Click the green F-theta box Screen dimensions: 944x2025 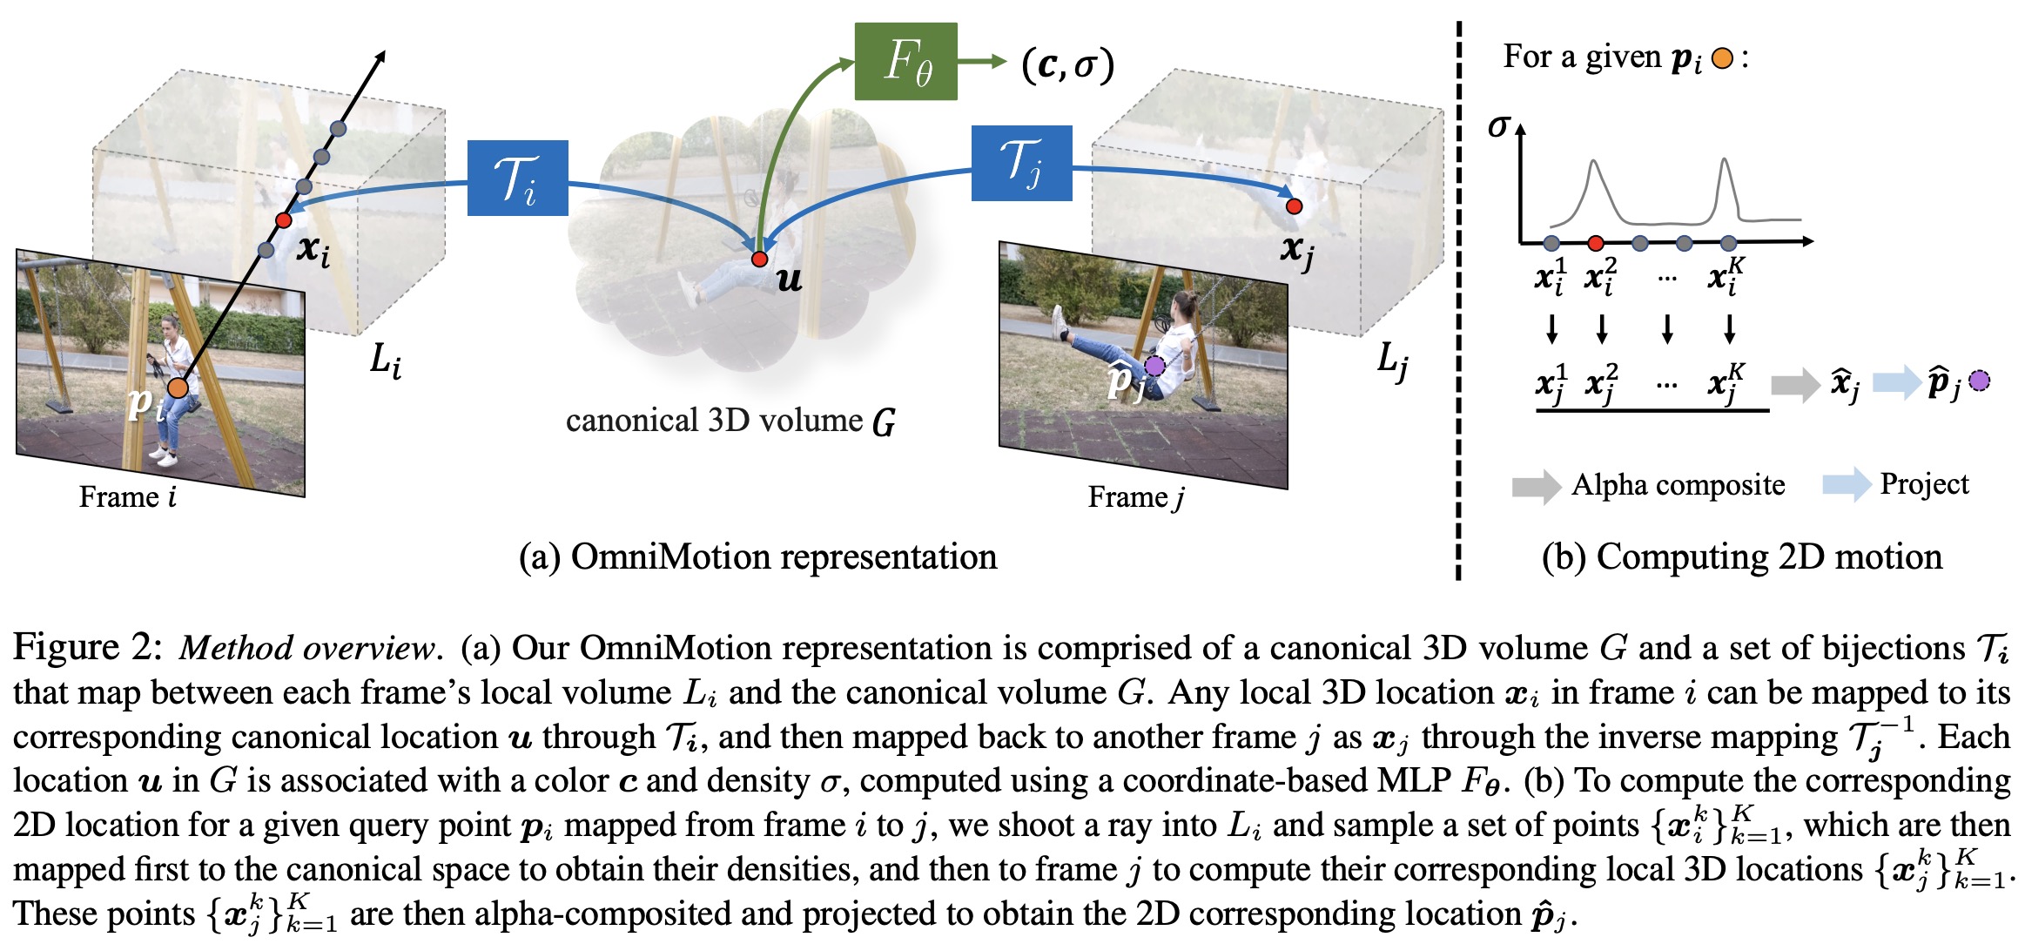[905, 61]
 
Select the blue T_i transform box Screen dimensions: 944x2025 [517, 178]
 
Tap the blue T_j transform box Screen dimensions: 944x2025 [1021, 163]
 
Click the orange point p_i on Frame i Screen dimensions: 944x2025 [178, 388]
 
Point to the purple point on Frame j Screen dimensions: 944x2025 [1154, 366]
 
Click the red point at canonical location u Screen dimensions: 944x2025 [759, 259]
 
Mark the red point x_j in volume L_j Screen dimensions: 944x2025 [1294, 206]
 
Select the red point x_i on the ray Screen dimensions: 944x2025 [284, 220]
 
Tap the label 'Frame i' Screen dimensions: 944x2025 [127, 497]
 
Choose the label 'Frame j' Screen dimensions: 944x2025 [1135, 497]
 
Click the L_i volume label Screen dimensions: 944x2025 [385, 359]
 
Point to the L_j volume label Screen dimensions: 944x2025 [1392, 359]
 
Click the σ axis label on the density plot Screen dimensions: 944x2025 [1497, 127]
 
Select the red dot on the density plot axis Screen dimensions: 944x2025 [1596, 243]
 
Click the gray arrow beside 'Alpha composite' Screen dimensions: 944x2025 [1536, 486]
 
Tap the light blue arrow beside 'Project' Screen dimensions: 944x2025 [1847, 484]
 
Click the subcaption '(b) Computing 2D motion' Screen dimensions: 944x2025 [1741, 556]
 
